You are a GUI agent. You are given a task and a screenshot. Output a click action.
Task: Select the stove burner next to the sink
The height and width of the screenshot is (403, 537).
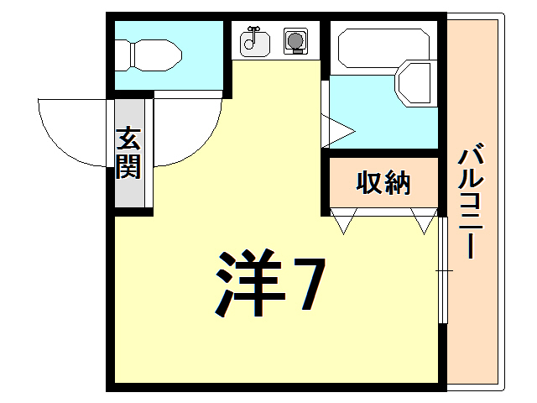pyautogui.click(x=295, y=40)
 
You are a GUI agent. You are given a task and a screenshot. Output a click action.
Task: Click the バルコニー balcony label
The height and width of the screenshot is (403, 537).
pyautogui.click(x=472, y=202)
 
